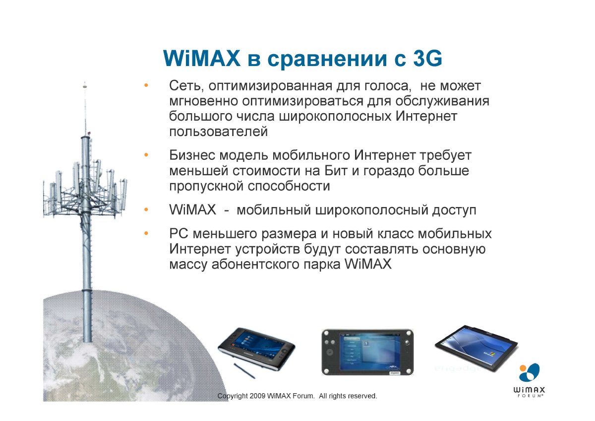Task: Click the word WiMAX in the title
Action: click(x=201, y=58)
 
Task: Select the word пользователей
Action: click(x=218, y=132)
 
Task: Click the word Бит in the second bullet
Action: click(x=336, y=171)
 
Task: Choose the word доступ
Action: click(x=454, y=210)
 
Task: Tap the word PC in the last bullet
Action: click(x=179, y=234)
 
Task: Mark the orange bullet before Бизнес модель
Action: click(x=146, y=155)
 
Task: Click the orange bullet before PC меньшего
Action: click(x=146, y=233)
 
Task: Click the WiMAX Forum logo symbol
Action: click(x=529, y=373)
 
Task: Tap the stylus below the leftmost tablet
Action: click(x=244, y=370)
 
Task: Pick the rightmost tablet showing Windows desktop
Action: click(x=476, y=348)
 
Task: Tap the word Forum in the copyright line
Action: click(x=303, y=396)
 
